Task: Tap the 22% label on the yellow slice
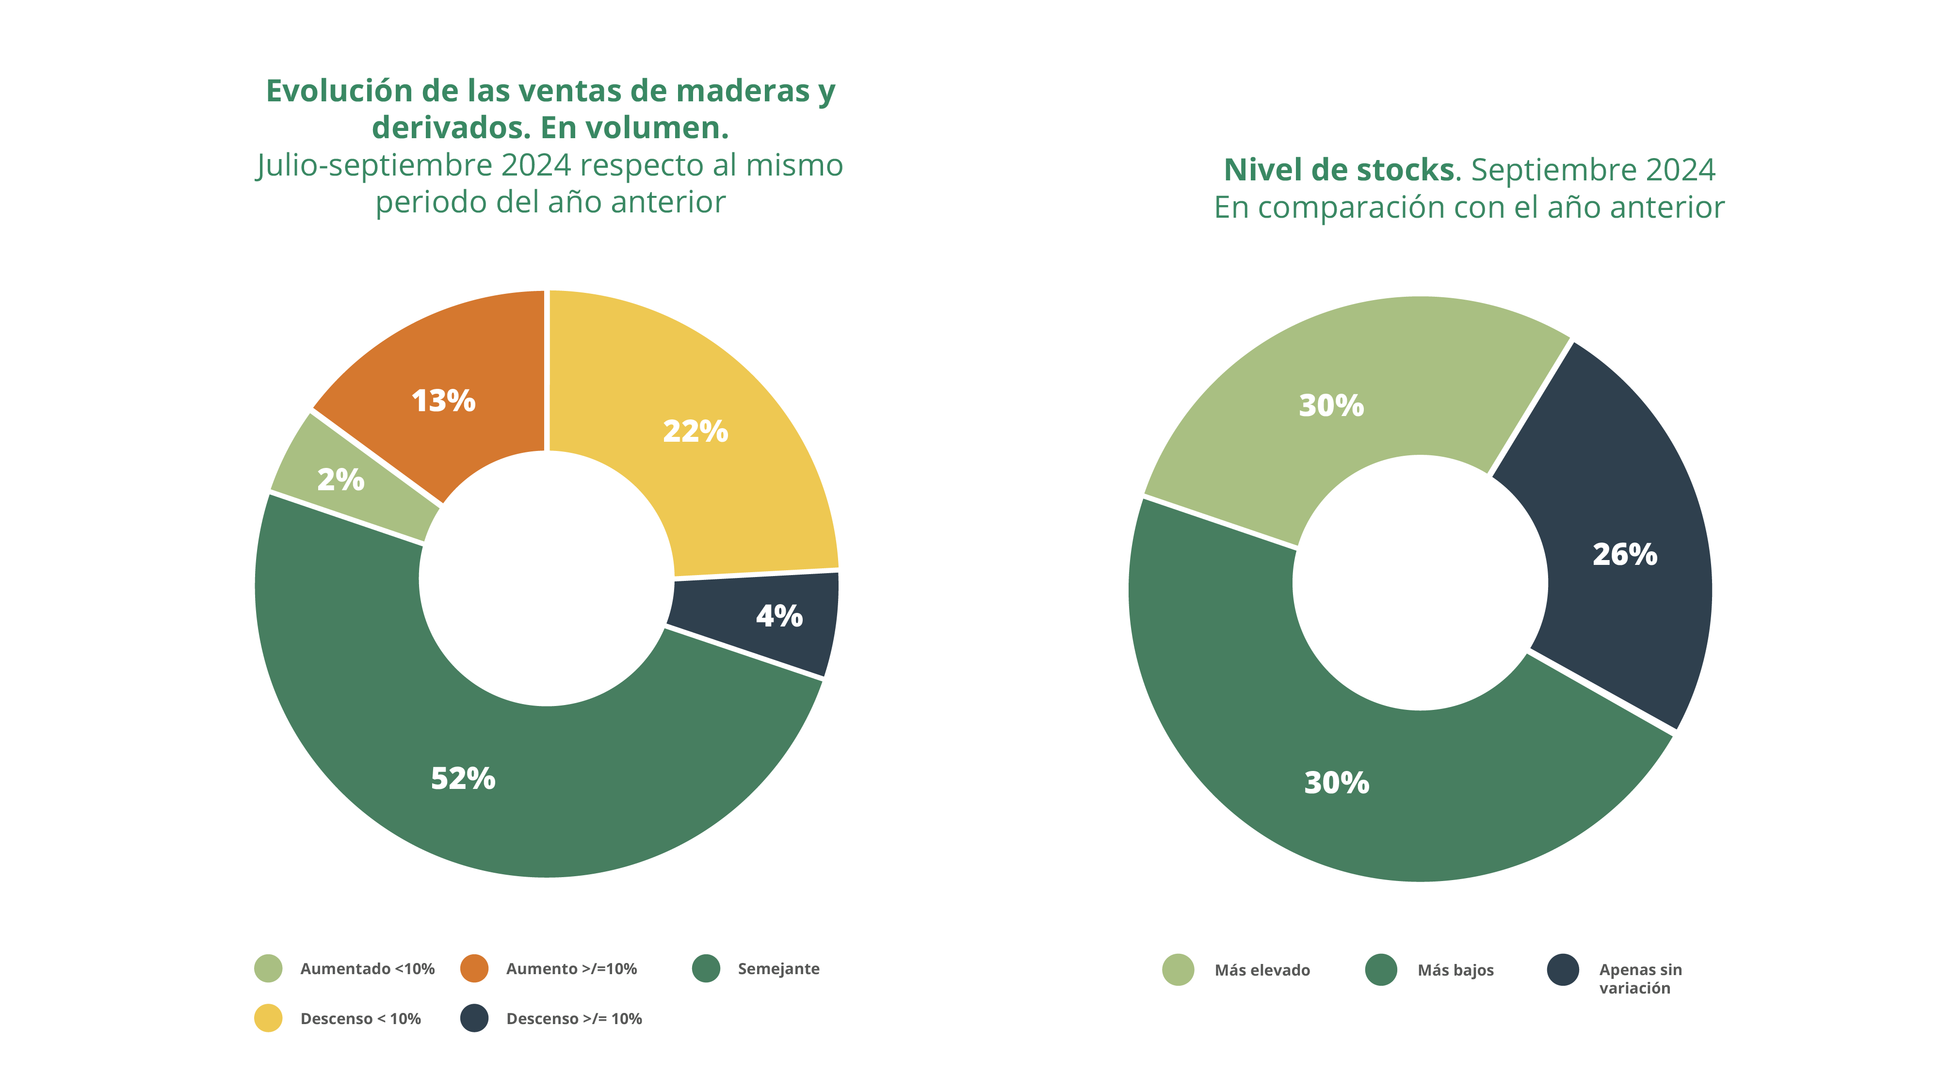coord(695,432)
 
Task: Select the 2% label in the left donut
coord(340,480)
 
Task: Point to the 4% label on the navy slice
coord(779,616)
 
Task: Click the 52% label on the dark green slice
coord(462,779)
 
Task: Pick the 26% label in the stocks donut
coord(1624,554)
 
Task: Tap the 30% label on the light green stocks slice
coord(1331,406)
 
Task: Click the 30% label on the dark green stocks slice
coord(1336,783)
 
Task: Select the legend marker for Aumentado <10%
coord(268,968)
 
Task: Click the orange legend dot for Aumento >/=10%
coord(474,968)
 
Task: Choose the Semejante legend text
coord(778,969)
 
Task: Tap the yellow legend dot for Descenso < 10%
coord(268,1018)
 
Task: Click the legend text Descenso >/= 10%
coord(574,1019)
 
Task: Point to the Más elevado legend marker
coord(1178,970)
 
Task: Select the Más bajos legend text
coord(1455,971)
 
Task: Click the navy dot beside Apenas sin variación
coord(1563,970)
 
